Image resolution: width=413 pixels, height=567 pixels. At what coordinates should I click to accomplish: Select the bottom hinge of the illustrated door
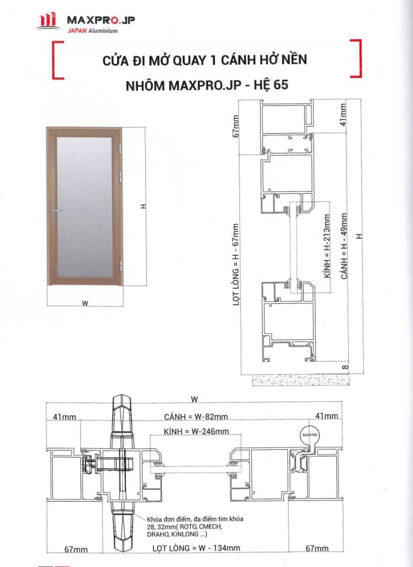(x=121, y=265)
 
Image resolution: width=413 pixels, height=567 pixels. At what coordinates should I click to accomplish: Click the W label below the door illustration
(x=85, y=303)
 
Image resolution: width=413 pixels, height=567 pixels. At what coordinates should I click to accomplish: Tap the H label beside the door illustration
(x=142, y=208)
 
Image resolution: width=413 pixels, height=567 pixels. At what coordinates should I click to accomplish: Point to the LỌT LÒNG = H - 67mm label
(x=236, y=265)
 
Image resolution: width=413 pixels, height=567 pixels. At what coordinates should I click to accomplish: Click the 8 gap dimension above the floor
(x=344, y=367)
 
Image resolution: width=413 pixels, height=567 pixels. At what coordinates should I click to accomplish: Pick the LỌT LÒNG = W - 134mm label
(x=196, y=548)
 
